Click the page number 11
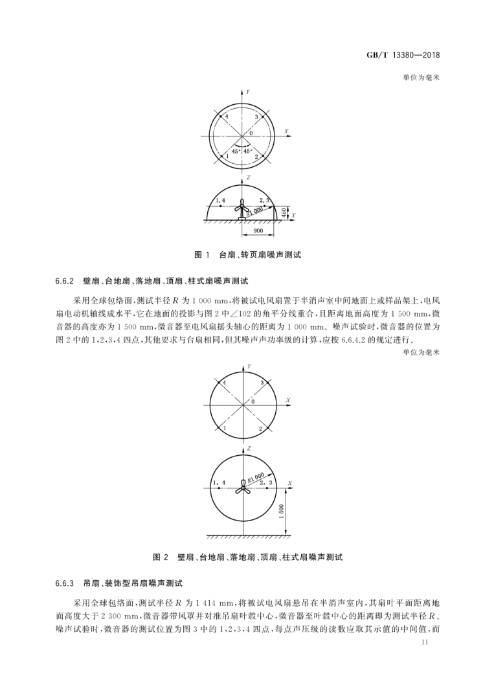click(x=425, y=642)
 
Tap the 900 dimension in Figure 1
click(x=258, y=230)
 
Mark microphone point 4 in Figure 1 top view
click(x=218, y=117)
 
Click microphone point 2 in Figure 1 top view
click(x=257, y=156)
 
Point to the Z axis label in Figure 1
click(x=249, y=177)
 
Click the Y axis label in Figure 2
click(x=249, y=366)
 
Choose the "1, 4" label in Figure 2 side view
click(x=219, y=482)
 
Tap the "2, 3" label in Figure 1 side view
click(x=265, y=201)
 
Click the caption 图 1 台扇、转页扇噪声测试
click(x=248, y=255)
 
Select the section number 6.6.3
click(x=67, y=581)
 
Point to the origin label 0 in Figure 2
click(x=253, y=401)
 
